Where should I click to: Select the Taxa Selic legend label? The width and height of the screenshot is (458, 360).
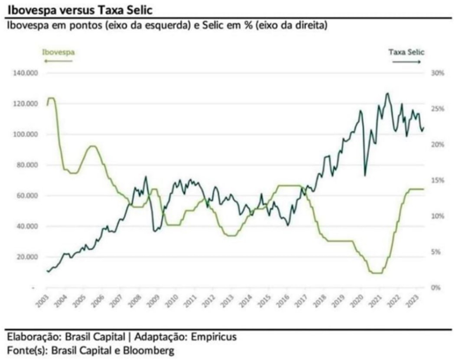click(406, 52)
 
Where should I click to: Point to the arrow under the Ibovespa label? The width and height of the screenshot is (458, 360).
click(58, 61)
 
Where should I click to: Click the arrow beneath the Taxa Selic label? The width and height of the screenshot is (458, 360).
click(406, 62)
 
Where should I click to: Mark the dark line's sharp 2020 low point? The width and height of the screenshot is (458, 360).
click(365, 175)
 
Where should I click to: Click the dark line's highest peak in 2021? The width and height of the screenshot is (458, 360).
click(387, 93)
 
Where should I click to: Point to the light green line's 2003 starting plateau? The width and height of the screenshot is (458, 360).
click(51, 98)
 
